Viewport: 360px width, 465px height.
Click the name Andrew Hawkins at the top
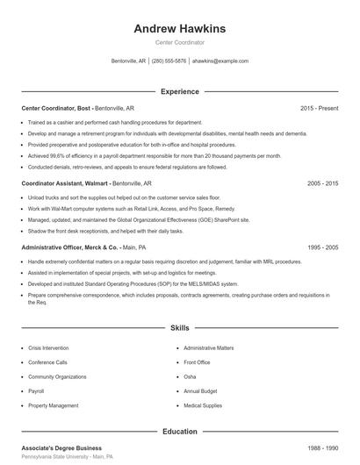(180, 28)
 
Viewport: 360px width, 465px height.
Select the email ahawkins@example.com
(220, 61)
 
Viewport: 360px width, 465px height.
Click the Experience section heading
(180, 91)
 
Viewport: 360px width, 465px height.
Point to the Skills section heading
(180, 327)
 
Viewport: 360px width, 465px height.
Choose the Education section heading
(180, 432)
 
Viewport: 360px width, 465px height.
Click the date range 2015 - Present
(319, 108)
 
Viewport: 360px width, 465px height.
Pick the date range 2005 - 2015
(322, 183)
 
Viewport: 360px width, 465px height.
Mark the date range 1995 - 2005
(322, 247)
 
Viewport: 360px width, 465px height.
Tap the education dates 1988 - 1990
(322, 447)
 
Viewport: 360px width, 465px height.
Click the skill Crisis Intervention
(49, 348)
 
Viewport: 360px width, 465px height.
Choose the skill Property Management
(53, 406)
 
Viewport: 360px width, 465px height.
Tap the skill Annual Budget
(201, 391)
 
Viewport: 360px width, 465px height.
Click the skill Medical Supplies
(203, 406)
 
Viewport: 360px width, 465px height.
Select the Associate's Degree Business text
(61, 447)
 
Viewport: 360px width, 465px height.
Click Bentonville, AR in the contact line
(129, 61)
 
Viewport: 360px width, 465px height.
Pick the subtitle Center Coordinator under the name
(180, 42)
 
